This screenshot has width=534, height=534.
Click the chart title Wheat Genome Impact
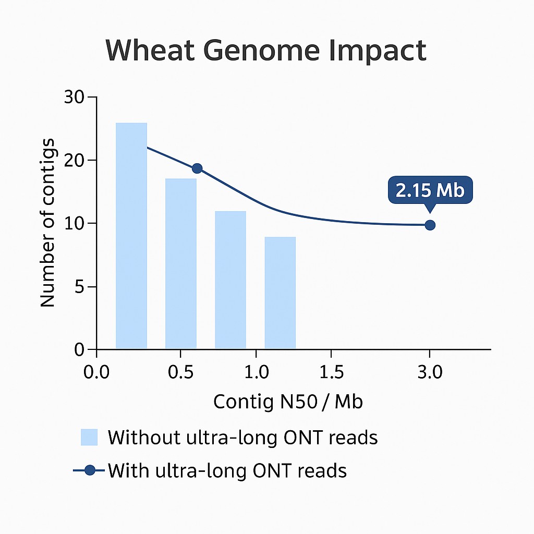pyautogui.click(x=266, y=50)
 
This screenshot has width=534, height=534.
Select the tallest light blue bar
pyautogui.click(x=131, y=236)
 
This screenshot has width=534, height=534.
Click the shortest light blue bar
pyautogui.click(x=280, y=293)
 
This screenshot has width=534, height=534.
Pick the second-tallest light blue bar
pyautogui.click(x=181, y=263)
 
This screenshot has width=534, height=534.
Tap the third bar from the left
pyautogui.click(x=230, y=280)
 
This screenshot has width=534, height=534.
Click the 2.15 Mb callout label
pyautogui.click(x=430, y=190)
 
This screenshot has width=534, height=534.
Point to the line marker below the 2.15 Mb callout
pyautogui.click(x=430, y=225)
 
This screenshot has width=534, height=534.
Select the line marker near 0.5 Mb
pyautogui.click(x=197, y=168)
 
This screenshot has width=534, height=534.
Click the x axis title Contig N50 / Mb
pyautogui.click(x=288, y=402)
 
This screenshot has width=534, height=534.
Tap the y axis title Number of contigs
pyautogui.click(x=47, y=223)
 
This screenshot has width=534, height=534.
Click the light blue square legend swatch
pyautogui.click(x=89, y=438)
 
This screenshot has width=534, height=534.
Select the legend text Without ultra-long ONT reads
pyautogui.click(x=242, y=438)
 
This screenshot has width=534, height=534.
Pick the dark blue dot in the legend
pyautogui.click(x=90, y=470)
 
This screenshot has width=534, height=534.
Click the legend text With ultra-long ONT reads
pyautogui.click(x=227, y=470)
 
